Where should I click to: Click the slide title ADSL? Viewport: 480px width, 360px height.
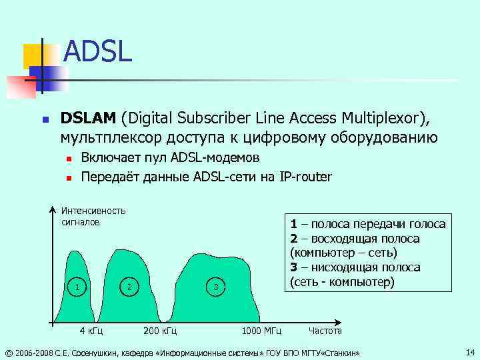pos(97,51)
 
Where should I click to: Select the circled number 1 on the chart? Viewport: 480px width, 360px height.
pos(79,287)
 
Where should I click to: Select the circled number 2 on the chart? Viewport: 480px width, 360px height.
pos(129,287)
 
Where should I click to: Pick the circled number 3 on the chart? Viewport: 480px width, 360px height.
pos(215,287)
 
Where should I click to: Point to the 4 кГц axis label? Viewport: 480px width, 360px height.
pos(91,331)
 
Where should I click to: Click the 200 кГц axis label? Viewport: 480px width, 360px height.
pos(160,331)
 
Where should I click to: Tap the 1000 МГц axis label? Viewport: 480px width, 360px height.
pos(261,331)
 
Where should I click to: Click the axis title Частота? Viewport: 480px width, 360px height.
pos(325,331)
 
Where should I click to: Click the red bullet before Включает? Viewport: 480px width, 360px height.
pos(68,159)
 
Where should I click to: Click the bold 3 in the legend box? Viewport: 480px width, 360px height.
pos(293,267)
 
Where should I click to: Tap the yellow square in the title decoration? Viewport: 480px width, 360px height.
pos(33,56)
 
